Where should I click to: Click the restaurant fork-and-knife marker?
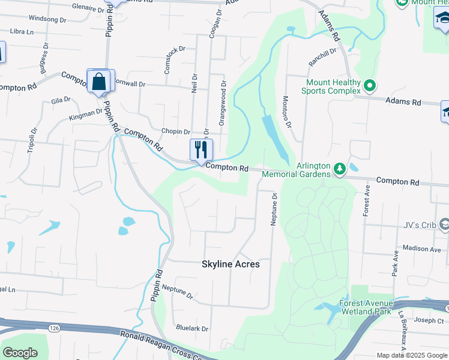pos(201,149)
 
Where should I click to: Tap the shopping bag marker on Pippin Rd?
pos(100,81)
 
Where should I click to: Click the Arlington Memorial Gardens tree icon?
pos(340,169)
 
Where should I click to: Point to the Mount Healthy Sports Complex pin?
pos(370,87)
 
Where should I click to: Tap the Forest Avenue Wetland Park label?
pos(367,307)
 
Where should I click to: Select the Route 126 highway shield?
pos(54,328)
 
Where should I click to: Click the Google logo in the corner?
pos(20,353)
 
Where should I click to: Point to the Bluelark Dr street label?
pos(192,329)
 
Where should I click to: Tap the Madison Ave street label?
pos(422,248)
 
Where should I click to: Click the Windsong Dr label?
pos(47,19)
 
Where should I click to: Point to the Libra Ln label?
pos(22,31)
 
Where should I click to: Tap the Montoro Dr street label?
pos(286,112)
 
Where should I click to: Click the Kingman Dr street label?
pos(86,115)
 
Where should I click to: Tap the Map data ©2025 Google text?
pos(412,355)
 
